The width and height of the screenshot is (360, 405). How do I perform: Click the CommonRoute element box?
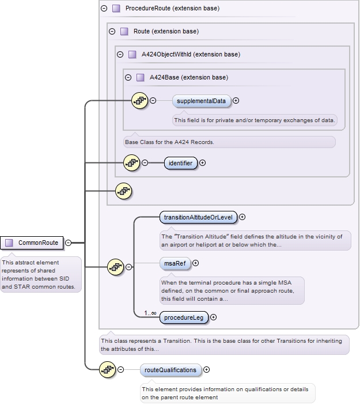coord(33,243)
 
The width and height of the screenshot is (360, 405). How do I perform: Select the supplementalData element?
coord(201,101)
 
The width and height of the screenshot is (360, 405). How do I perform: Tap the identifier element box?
coord(180,163)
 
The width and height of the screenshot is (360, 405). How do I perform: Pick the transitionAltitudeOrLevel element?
coord(198,217)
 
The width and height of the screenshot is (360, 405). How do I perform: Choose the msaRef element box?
coord(175,263)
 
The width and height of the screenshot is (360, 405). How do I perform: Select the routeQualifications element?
coord(170,370)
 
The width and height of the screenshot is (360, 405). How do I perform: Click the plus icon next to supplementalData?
coord(236,101)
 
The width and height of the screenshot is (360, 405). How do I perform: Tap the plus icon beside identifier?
coord(202,163)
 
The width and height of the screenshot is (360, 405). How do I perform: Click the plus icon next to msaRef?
coord(195,263)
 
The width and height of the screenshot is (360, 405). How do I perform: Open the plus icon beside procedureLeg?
coord(214,317)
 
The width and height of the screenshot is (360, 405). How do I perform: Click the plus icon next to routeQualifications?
coord(207,370)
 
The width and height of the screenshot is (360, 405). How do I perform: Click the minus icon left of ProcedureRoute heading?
coord(104,9)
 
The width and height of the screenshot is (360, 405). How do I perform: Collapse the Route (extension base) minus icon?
coord(112,31)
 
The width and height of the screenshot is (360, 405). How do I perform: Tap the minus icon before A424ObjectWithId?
coord(120,55)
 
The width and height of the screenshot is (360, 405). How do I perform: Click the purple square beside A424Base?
coord(141,77)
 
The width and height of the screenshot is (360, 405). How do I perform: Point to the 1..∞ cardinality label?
coord(151,313)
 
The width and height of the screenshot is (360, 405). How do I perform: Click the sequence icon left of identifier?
coord(131,163)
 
